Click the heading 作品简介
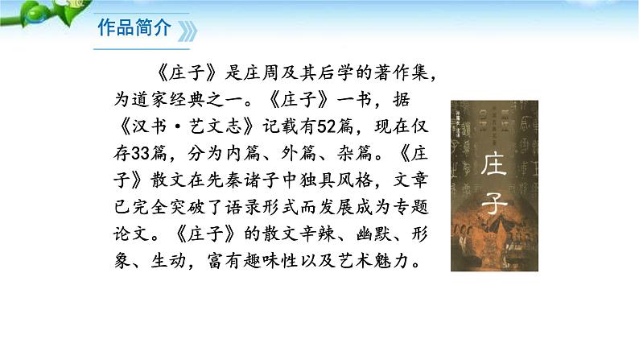click(x=134, y=29)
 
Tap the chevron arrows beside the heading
click(x=187, y=31)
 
